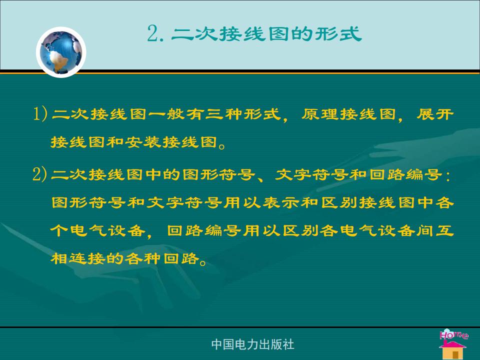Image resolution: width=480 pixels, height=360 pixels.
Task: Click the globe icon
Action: [x=61, y=52]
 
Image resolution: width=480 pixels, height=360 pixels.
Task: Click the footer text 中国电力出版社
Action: [x=252, y=344]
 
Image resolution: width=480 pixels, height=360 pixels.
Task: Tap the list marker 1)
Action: [x=40, y=114]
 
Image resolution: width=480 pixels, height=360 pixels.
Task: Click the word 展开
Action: [x=435, y=114]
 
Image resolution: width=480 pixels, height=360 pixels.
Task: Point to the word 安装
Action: [x=143, y=142]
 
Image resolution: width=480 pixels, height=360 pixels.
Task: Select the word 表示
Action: [x=281, y=202]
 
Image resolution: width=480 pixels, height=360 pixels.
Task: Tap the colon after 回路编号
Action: [x=448, y=176]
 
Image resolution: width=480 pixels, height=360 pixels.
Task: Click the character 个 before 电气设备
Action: [x=59, y=230]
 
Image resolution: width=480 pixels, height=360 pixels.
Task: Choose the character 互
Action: [x=445, y=230]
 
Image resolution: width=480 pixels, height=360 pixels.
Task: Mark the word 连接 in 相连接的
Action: [x=86, y=258]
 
